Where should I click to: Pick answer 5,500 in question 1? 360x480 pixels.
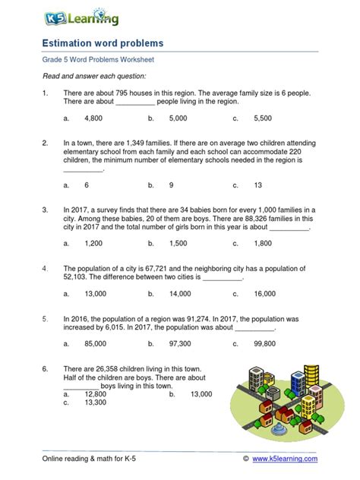[263, 119]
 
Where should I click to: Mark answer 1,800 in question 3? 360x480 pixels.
[263, 243]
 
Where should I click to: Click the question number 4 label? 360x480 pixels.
[45, 269]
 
